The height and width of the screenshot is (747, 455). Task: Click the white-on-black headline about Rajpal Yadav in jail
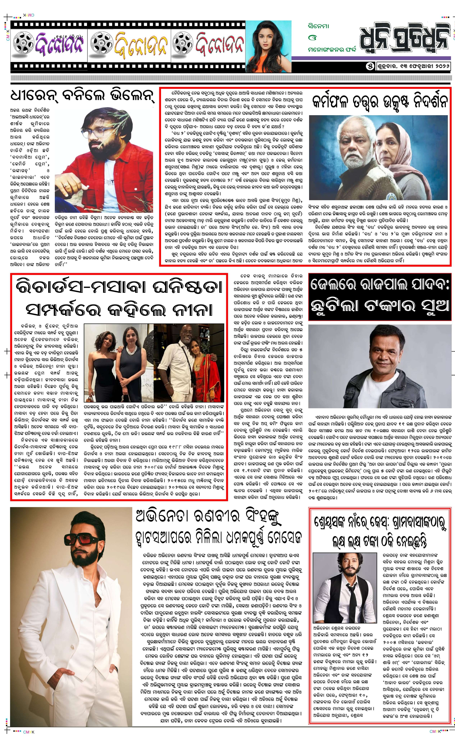[x=380, y=297]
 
